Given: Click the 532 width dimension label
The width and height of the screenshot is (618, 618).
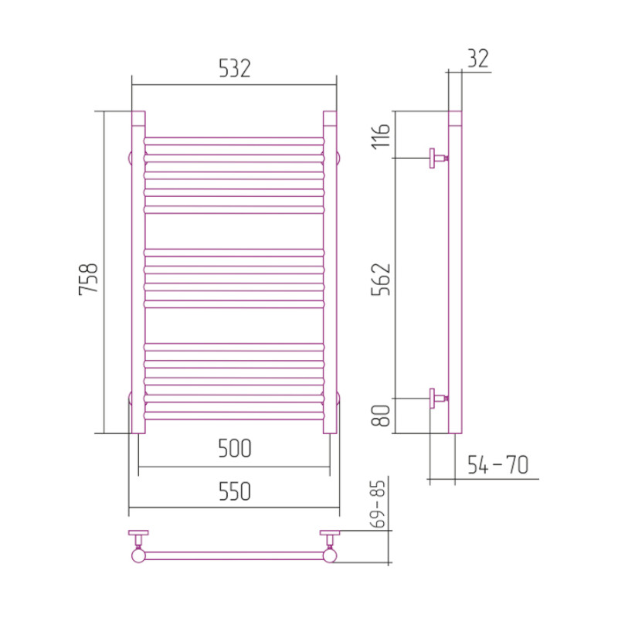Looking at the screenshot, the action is point(235,69).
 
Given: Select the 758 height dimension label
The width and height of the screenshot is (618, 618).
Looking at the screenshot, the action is point(88,279).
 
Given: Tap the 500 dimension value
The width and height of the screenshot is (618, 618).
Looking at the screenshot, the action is point(235,449).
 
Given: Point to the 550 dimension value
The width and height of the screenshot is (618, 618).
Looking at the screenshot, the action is point(235,491).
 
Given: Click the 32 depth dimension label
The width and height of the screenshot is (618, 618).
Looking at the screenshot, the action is point(478,59).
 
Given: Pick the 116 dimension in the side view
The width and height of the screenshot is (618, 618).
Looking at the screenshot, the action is point(381,137).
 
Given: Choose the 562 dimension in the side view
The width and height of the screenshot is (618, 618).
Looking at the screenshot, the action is point(381,280).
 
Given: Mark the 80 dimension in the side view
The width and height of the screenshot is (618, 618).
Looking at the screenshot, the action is point(381,415).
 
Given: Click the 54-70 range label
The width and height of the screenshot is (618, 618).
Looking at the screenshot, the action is point(497,465).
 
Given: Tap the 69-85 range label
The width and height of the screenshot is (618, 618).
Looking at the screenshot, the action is point(379,504).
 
